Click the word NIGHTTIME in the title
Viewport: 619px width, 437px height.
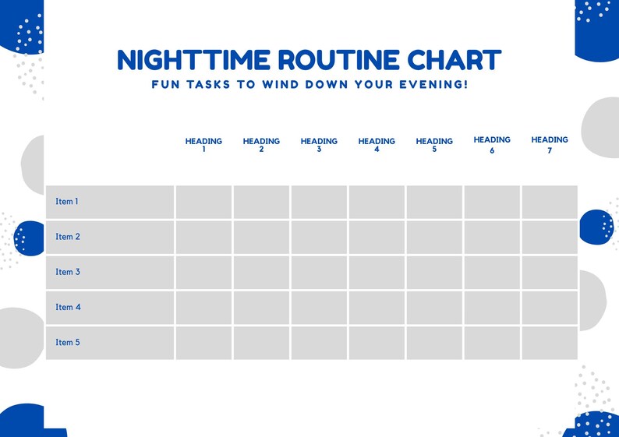(193, 60)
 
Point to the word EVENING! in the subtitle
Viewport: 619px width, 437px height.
(435, 84)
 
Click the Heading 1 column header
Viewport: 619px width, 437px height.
(203, 145)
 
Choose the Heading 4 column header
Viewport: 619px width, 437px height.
(377, 145)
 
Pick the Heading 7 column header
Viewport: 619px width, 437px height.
(550, 145)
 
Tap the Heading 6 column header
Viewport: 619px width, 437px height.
(492, 145)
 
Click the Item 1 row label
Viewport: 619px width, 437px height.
(67, 202)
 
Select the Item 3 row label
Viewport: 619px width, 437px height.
(68, 272)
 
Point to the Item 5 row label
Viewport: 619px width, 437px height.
(68, 342)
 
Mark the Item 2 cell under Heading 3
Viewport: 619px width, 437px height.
(319, 237)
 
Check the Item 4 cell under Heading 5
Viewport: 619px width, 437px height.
(434, 307)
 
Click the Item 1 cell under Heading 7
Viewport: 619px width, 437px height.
(550, 202)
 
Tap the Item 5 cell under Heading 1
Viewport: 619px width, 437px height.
(203, 343)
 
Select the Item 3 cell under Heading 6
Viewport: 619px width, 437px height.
(492, 272)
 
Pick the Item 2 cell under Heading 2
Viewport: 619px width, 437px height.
(261, 237)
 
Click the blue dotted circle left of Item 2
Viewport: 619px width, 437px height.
(30, 238)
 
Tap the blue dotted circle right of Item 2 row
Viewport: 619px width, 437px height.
(596, 227)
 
